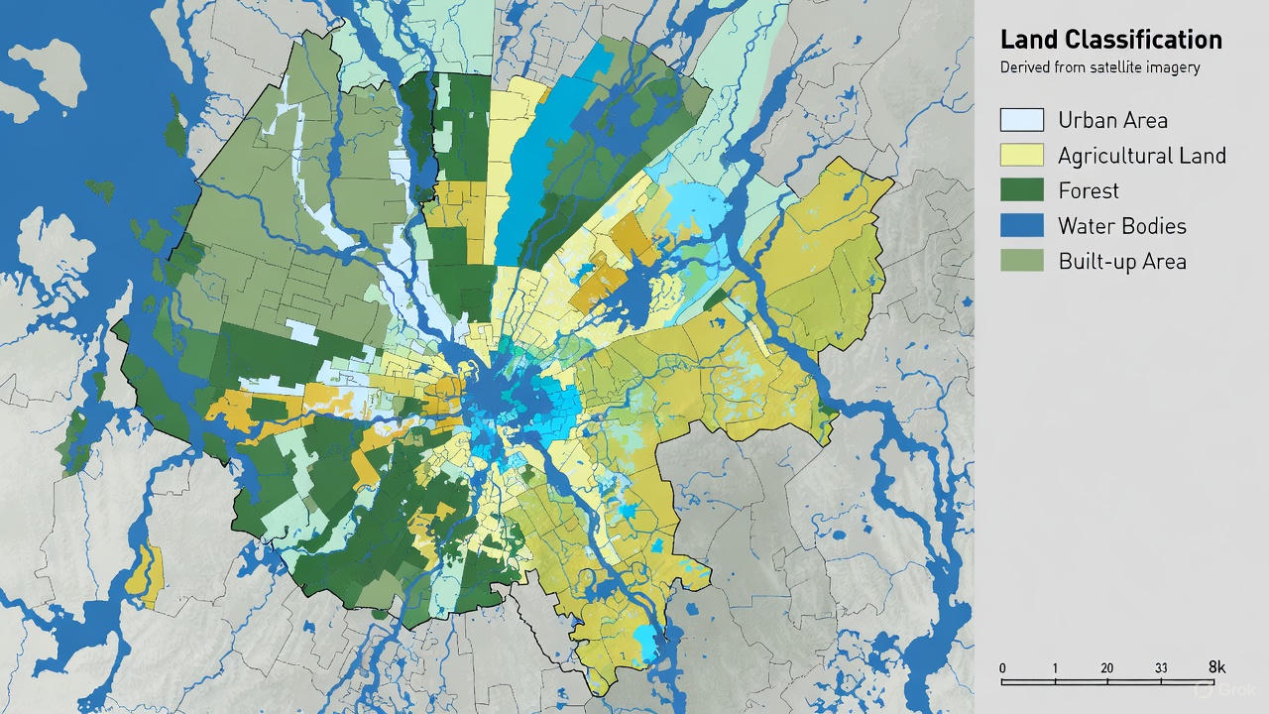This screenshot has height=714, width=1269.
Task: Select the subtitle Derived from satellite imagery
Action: [1099, 67]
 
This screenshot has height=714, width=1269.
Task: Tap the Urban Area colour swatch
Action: [1022, 120]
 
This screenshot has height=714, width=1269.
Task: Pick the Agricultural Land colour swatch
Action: [1022, 155]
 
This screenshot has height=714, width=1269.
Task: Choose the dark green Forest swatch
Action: [1022, 190]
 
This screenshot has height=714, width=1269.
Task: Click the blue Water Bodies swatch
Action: [1022, 225]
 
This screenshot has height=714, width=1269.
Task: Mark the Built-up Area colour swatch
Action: [1022, 261]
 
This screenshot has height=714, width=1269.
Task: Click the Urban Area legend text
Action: [1112, 120]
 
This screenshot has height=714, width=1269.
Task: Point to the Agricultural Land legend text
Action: [1141, 156]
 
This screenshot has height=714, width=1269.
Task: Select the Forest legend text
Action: [1088, 190]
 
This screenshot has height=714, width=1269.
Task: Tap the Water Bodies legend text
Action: [1121, 226]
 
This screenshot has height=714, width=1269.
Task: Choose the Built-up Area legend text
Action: [1121, 262]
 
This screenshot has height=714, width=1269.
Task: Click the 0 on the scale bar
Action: [1002, 667]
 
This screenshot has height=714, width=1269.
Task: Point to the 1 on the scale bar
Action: [1055, 667]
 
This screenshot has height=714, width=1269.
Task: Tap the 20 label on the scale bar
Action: [1106, 667]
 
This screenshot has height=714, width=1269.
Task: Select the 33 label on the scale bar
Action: [1161, 667]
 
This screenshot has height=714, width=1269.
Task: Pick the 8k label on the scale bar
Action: [1217, 666]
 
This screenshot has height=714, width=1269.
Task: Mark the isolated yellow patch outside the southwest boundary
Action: [147, 574]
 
